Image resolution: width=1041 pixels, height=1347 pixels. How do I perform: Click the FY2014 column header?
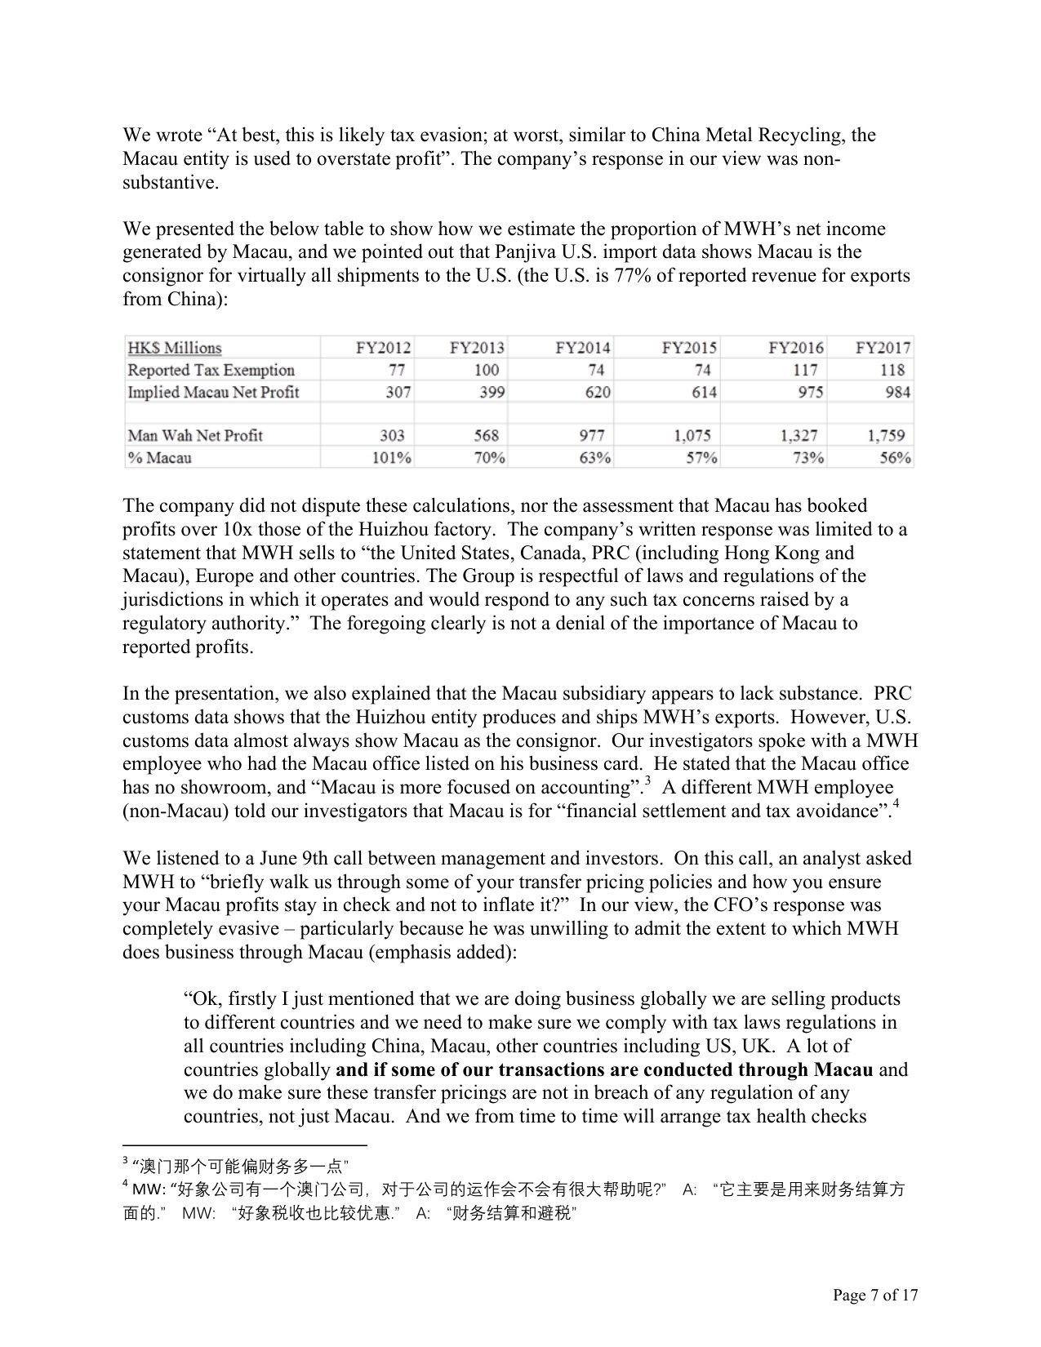pos(582,348)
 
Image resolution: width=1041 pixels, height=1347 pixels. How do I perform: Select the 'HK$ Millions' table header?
pos(174,348)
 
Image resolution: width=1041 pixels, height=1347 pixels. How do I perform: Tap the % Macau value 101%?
pos(391,458)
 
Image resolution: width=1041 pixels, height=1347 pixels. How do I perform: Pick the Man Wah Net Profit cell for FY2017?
pos(885,436)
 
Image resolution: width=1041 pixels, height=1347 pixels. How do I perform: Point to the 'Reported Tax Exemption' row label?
pos(211,370)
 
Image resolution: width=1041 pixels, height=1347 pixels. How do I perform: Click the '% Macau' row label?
pos(159,458)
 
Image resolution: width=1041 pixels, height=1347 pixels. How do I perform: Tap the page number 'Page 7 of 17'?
pos(875,1295)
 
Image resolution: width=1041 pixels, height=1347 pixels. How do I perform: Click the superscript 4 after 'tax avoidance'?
pos(895,805)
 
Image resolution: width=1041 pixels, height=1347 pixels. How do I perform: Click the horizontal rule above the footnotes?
pos(245,1145)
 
